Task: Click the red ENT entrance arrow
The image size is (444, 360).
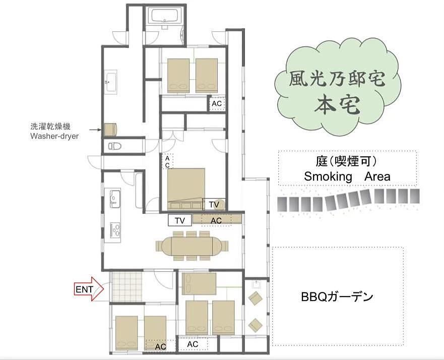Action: tap(89, 289)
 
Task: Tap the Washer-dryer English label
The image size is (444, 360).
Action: tap(54, 136)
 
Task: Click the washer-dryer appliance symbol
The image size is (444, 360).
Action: tap(110, 130)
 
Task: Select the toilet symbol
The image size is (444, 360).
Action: tap(115, 146)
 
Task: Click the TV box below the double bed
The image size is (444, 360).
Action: tap(214, 204)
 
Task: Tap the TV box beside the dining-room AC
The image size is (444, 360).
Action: tap(180, 220)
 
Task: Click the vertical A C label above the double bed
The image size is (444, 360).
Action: tap(167, 162)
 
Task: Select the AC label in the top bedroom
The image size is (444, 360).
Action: tap(217, 104)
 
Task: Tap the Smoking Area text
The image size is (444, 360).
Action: tap(347, 176)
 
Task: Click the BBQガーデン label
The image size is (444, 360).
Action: tap(337, 297)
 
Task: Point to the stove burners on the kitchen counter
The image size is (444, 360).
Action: tap(115, 229)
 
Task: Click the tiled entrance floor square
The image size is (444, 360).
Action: tap(125, 287)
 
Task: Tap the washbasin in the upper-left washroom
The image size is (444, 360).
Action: tap(111, 82)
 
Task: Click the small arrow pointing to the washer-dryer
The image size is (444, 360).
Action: tap(95, 130)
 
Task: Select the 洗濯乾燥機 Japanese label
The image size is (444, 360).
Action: tap(50, 127)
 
